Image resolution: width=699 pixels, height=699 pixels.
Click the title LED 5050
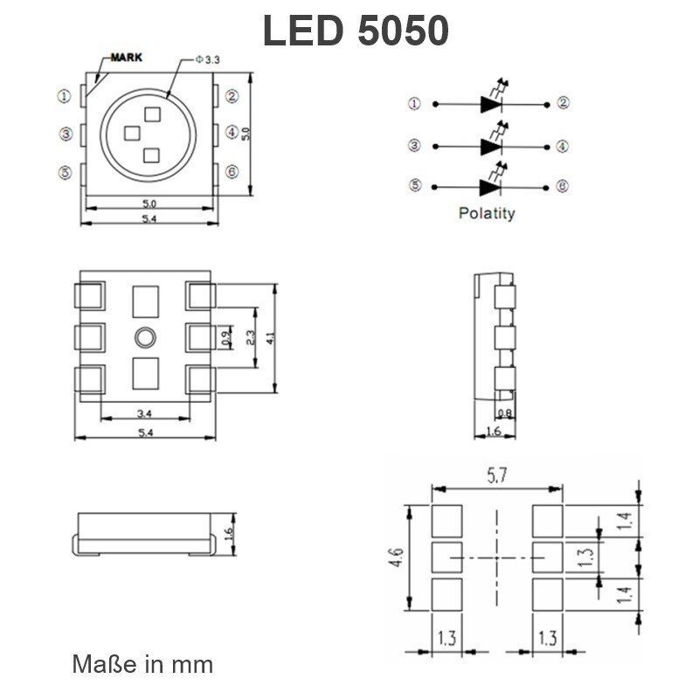click(356, 32)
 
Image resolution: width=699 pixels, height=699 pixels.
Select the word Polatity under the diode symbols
click(487, 212)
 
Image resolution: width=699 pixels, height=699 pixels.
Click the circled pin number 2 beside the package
click(232, 96)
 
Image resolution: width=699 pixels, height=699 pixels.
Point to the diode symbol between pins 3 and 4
click(492, 146)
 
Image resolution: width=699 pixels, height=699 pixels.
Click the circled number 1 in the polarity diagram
click(413, 103)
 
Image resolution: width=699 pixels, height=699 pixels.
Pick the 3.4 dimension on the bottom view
click(145, 413)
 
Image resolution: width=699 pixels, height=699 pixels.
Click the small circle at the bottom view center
click(145, 336)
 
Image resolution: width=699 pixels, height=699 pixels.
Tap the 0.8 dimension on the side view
click(504, 413)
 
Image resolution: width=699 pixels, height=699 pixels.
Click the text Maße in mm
click(142, 664)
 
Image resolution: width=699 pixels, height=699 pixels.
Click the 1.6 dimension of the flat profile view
click(229, 532)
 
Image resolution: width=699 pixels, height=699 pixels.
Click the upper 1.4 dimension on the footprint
click(623, 522)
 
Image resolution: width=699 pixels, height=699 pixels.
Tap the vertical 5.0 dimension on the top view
click(246, 134)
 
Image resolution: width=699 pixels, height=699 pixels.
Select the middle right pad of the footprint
click(548, 556)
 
